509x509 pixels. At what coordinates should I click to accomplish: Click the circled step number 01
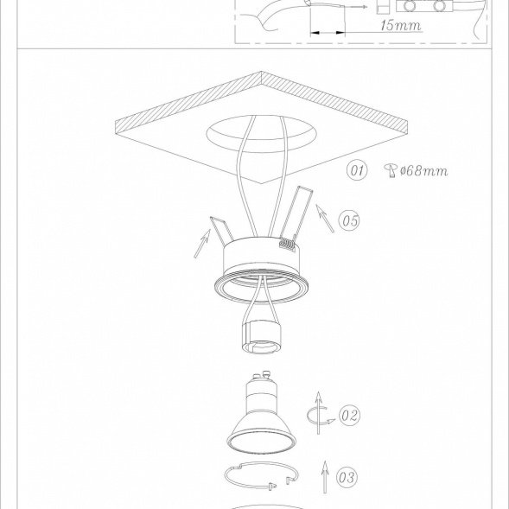point(357,169)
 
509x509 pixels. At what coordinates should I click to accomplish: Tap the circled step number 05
point(349,220)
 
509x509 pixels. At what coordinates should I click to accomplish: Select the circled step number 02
point(350,415)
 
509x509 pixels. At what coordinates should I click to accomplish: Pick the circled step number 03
point(347,477)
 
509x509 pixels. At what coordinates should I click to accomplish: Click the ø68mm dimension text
point(424,170)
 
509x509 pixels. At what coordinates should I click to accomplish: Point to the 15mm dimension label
point(401,25)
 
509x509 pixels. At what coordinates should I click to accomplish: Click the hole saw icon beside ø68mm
point(391,170)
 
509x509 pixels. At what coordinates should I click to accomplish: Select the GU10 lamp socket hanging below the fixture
point(261,337)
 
